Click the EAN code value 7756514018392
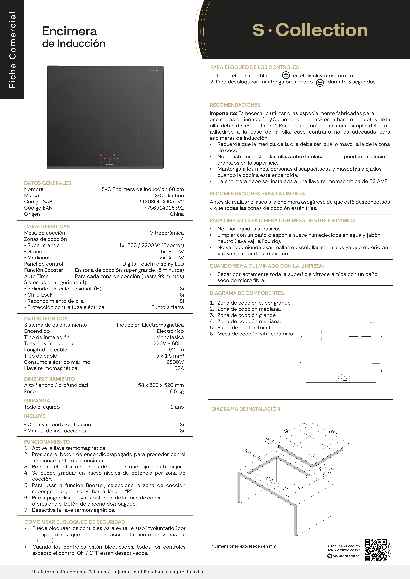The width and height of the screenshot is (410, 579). tap(164, 208)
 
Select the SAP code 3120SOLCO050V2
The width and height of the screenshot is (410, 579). tap(161, 201)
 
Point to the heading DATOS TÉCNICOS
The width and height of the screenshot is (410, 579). tap(46, 319)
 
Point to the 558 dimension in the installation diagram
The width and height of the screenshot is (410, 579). tap(270, 479)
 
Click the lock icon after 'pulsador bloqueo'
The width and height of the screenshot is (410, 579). tap(286, 75)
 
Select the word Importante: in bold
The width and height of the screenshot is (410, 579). tap(223, 113)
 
